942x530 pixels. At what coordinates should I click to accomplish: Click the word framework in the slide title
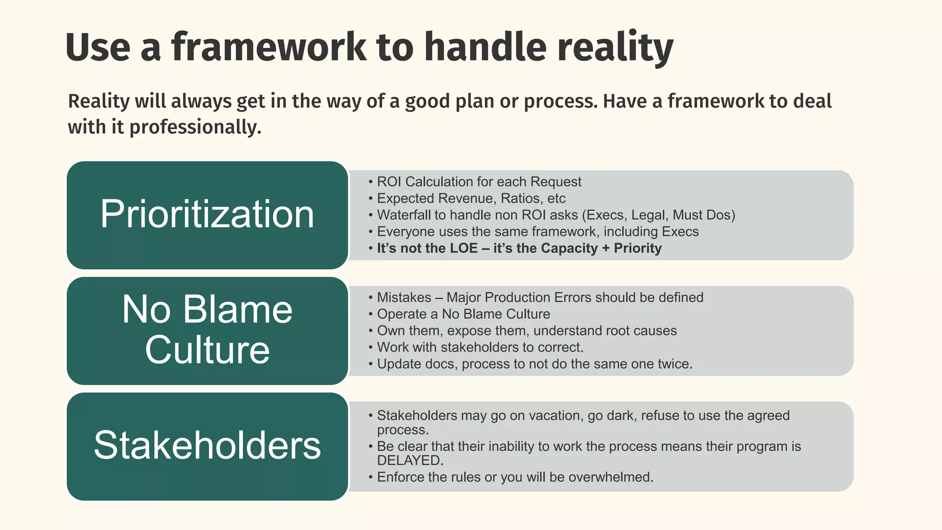[x=269, y=47]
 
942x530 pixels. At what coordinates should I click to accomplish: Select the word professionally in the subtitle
[x=195, y=127]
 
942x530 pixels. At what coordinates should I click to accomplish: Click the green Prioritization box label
[x=207, y=214]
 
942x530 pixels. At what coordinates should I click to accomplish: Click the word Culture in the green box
[x=207, y=350]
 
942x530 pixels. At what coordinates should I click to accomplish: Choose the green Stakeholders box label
[x=207, y=445]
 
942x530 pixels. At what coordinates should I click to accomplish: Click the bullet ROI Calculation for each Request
[x=478, y=182]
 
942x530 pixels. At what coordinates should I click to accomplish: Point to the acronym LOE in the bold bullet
[x=464, y=248]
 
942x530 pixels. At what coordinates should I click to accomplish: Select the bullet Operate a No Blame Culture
[x=463, y=314]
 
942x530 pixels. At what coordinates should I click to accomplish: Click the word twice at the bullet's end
[x=675, y=364]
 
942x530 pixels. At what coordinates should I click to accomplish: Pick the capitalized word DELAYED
[x=410, y=461]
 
